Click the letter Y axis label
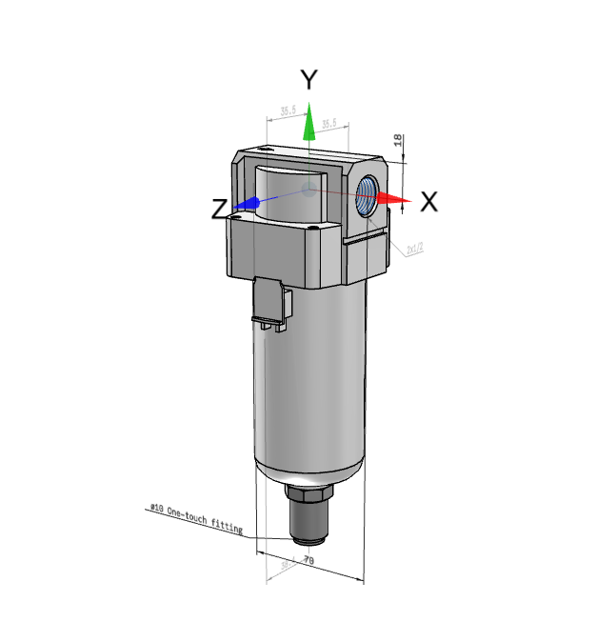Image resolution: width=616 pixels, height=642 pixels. (308, 80)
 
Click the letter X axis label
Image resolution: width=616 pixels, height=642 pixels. (428, 201)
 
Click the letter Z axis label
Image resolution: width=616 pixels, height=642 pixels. (219, 209)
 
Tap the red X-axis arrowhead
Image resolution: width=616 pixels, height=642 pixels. (391, 198)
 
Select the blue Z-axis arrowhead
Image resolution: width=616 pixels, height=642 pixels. (248, 204)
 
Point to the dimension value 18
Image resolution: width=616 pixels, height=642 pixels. (397, 140)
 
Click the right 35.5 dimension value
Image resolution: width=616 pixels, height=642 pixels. (330, 124)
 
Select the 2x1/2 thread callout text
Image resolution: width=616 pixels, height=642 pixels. (414, 250)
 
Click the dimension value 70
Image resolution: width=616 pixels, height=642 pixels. (308, 561)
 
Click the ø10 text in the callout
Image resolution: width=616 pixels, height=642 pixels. (156, 509)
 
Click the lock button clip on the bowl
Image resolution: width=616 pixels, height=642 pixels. (270, 303)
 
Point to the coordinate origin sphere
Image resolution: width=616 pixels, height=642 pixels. (308, 190)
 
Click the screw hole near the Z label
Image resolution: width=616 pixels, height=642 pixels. (233, 217)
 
